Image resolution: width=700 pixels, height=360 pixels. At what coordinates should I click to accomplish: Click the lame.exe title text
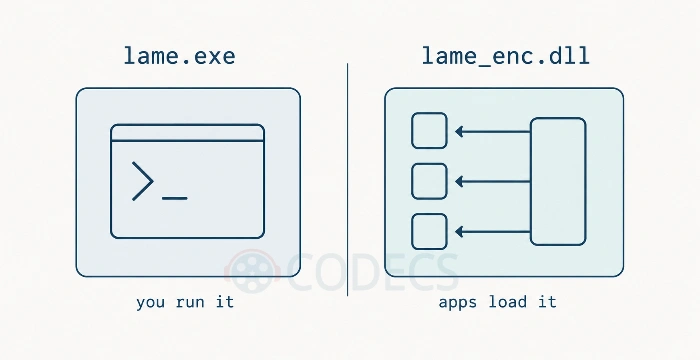coord(179,56)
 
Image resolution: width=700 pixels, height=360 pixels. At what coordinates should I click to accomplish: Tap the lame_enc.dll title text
coord(506,57)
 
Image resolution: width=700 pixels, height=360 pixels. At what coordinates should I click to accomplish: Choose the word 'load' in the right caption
coord(508,301)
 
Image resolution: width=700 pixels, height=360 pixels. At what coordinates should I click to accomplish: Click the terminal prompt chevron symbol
coord(143,181)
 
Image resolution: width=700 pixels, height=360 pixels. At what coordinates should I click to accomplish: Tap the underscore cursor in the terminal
coord(175,198)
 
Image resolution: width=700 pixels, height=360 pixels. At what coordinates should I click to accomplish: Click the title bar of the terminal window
coord(188,133)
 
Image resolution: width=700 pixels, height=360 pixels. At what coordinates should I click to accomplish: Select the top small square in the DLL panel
coord(429,130)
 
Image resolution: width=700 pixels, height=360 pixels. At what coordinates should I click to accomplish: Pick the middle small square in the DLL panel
coord(429,181)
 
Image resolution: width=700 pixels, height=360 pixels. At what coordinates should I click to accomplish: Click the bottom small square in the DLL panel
coord(429,231)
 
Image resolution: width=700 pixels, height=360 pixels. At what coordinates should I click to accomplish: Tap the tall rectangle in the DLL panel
coord(558,181)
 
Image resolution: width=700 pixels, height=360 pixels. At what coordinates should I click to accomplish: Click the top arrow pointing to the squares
coord(492,131)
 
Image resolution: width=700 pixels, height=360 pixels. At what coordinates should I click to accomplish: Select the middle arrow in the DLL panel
coord(492,181)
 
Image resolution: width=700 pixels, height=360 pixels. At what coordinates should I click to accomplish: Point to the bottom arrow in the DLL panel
coord(492,231)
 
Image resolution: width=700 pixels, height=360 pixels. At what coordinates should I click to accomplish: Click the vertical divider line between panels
coord(348,180)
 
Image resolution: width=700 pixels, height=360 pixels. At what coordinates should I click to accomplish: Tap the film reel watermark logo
coord(253,272)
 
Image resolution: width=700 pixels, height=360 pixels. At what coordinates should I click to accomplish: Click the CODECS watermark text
coord(373,272)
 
